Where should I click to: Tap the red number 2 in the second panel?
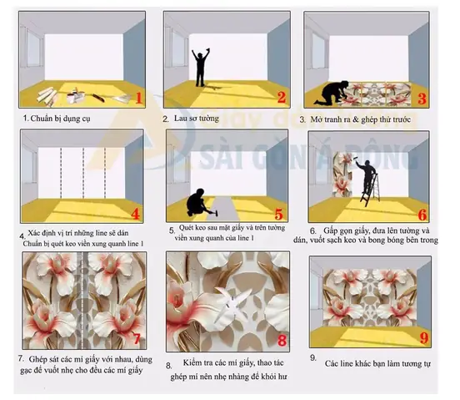click(x=281, y=98)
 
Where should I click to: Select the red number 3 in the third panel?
click(x=422, y=98)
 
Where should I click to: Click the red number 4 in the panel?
click(x=137, y=212)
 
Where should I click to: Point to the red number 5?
click(x=281, y=215)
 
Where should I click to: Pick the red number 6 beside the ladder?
click(x=422, y=215)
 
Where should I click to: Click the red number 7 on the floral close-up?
click(x=138, y=339)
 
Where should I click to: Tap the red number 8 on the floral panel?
click(x=282, y=340)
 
